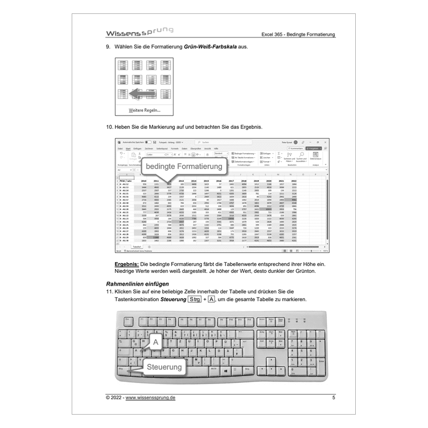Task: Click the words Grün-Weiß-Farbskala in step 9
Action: (x=209, y=48)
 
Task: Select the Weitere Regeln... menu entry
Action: (x=144, y=110)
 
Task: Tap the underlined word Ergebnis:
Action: (x=127, y=265)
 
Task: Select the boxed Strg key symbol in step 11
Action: (x=194, y=300)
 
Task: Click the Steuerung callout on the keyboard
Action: (x=164, y=367)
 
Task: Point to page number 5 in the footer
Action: (x=333, y=398)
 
